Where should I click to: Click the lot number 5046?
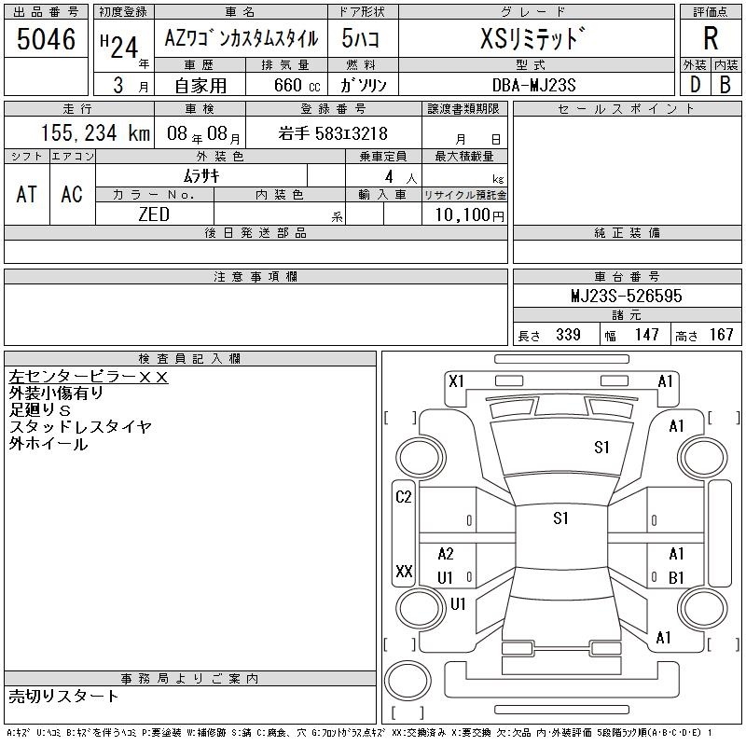click(46, 39)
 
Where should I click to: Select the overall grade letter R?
click(711, 38)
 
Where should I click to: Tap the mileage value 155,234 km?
click(95, 133)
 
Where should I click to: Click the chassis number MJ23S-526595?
click(626, 296)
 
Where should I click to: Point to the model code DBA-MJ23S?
click(533, 85)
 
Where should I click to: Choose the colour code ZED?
click(154, 214)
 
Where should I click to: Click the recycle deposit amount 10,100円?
click(469, 215)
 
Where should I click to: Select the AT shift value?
click(27, 195)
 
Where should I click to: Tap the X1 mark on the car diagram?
click(456, 381)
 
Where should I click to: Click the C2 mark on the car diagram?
click(404, 497)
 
